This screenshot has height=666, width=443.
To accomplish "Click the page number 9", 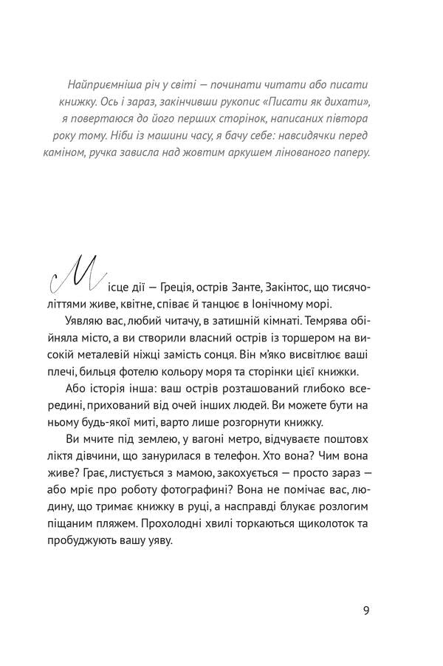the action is coord(366,610).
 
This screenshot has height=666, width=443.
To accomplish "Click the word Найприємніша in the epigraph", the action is coord(104,84).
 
